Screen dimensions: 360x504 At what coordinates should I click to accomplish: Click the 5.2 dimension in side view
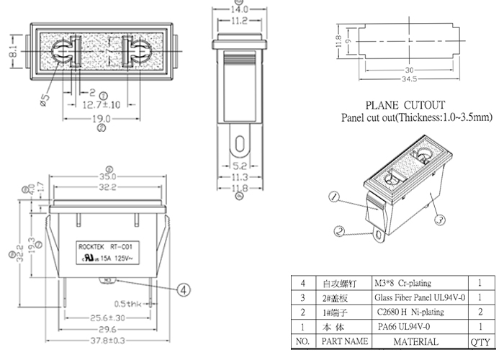pyautogui.click(x=238, y=165)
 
